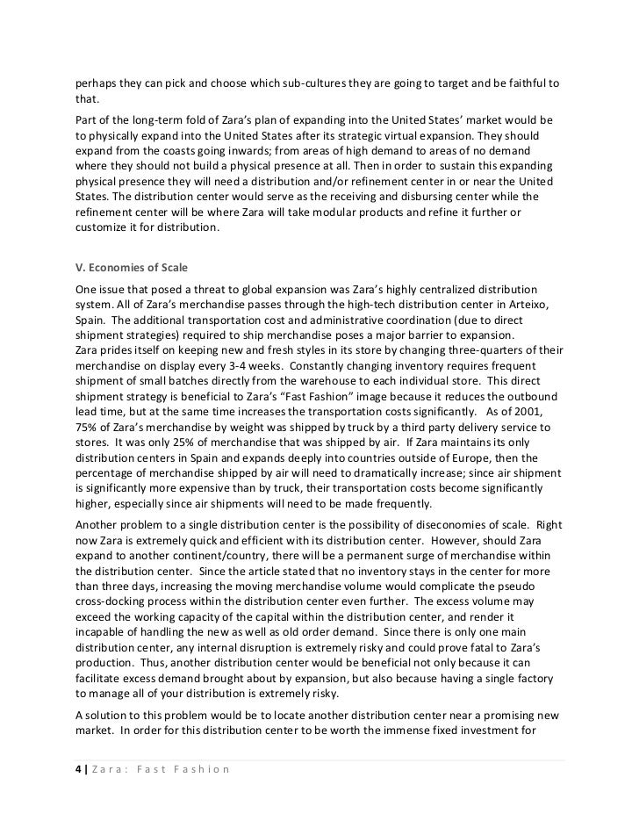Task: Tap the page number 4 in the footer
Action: (77, 770)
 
